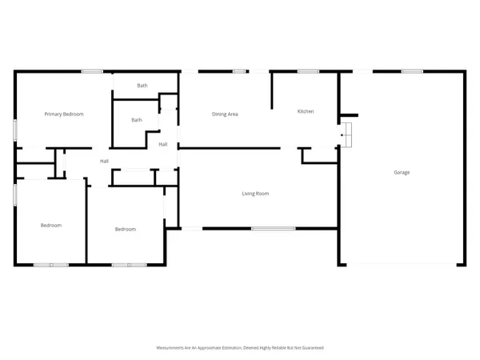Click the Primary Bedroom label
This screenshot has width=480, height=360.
tap(64, 114)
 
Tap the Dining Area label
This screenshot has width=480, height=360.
tap(225, 114)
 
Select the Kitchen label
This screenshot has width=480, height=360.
tap(306, 111)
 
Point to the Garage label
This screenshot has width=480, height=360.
tap(402, 172)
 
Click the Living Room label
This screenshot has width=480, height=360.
tap(255, 194)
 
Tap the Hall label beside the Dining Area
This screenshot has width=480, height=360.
tap(162, 145)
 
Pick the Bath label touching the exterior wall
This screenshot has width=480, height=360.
tap(142, 86)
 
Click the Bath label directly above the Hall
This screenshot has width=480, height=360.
tap(137, 121)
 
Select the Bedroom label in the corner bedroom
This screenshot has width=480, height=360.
tap(51, 226)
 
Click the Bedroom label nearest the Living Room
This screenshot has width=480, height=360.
tap(125, 230)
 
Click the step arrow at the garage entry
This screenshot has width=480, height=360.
tap(345, 136)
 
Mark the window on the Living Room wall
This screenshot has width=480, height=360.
tap(274, 230)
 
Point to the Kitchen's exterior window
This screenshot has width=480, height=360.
tap(308, 72)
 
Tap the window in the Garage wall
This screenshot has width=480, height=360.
tap(412, 72)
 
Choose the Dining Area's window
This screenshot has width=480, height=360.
tap(238, 72)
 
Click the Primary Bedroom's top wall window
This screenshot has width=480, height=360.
tap(91, 72)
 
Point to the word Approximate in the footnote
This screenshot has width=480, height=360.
tap(207, 348)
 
